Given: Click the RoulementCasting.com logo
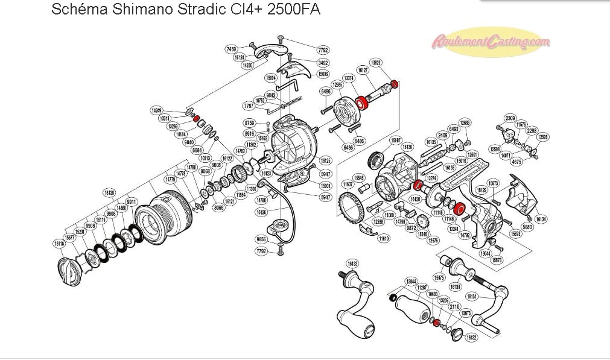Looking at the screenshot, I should click(x=491, y=42).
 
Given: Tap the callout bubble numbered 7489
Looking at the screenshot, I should click(x=231, y=48).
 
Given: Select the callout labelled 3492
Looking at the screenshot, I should click(x=323, y=62).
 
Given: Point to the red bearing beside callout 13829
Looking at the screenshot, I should click(x=395, y=84).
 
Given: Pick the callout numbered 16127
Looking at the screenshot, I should click(x=363, y=71).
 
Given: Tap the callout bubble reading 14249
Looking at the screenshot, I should click(x=157, y=110).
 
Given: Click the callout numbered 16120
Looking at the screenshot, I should click(x=109, y=193).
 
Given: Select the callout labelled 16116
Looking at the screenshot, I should click(x=59, y=244).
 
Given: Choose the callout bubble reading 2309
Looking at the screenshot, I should click(x=510, y=118).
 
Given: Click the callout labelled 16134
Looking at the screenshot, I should click(x=541, y=219).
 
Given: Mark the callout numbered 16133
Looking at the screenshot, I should click(x=353, y=264).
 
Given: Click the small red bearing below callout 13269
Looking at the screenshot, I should click(x=436, y=322).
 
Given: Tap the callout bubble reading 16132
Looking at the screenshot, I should click(x=471, y=338).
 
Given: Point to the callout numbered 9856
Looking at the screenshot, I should click(x=261, y=239).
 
